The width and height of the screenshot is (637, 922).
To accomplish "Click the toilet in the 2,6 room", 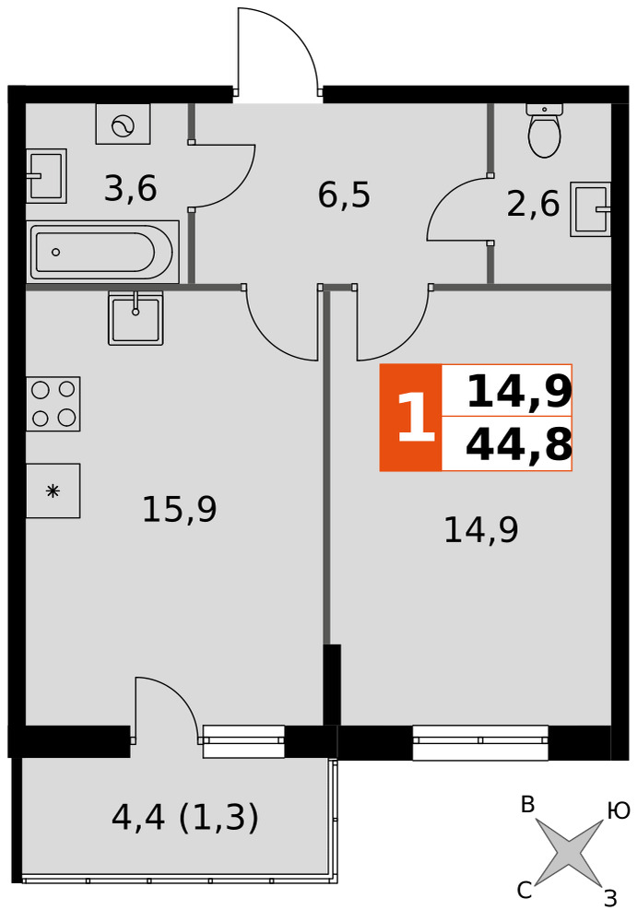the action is coord(545,130).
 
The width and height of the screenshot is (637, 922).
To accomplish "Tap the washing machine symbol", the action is coord(123,124).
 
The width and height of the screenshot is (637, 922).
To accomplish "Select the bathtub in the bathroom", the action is coord(102,252).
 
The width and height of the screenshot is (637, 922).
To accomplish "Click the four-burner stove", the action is coord(53,404).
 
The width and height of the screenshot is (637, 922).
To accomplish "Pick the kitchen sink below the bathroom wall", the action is coord(136,317).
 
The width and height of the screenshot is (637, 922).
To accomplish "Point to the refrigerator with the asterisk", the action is coord(53,491).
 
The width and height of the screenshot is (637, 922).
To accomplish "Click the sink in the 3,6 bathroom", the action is coord(46,175).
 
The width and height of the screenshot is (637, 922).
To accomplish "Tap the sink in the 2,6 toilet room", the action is coord(591,209).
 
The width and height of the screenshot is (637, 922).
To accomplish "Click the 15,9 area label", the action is coord(180,509).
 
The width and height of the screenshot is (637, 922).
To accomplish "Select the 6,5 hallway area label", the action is coord(344,195).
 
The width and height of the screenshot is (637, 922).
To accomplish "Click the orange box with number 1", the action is coord(410,418).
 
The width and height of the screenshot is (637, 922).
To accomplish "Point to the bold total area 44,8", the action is coord(519,445).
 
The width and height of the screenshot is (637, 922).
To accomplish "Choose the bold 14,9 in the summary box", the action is coord(519,392).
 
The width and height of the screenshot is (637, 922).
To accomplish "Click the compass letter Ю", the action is coord(619,811).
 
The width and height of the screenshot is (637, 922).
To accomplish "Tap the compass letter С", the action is coord(525,891).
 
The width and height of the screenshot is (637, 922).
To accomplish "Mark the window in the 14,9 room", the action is coord(480,742).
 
